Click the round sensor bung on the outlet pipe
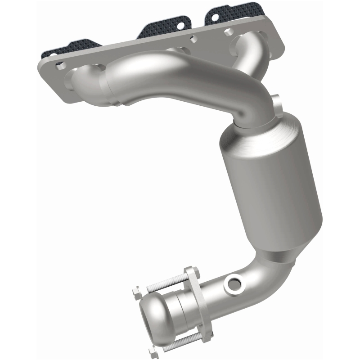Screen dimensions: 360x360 [234, 284]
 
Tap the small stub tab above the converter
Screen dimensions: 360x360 [277, 101]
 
